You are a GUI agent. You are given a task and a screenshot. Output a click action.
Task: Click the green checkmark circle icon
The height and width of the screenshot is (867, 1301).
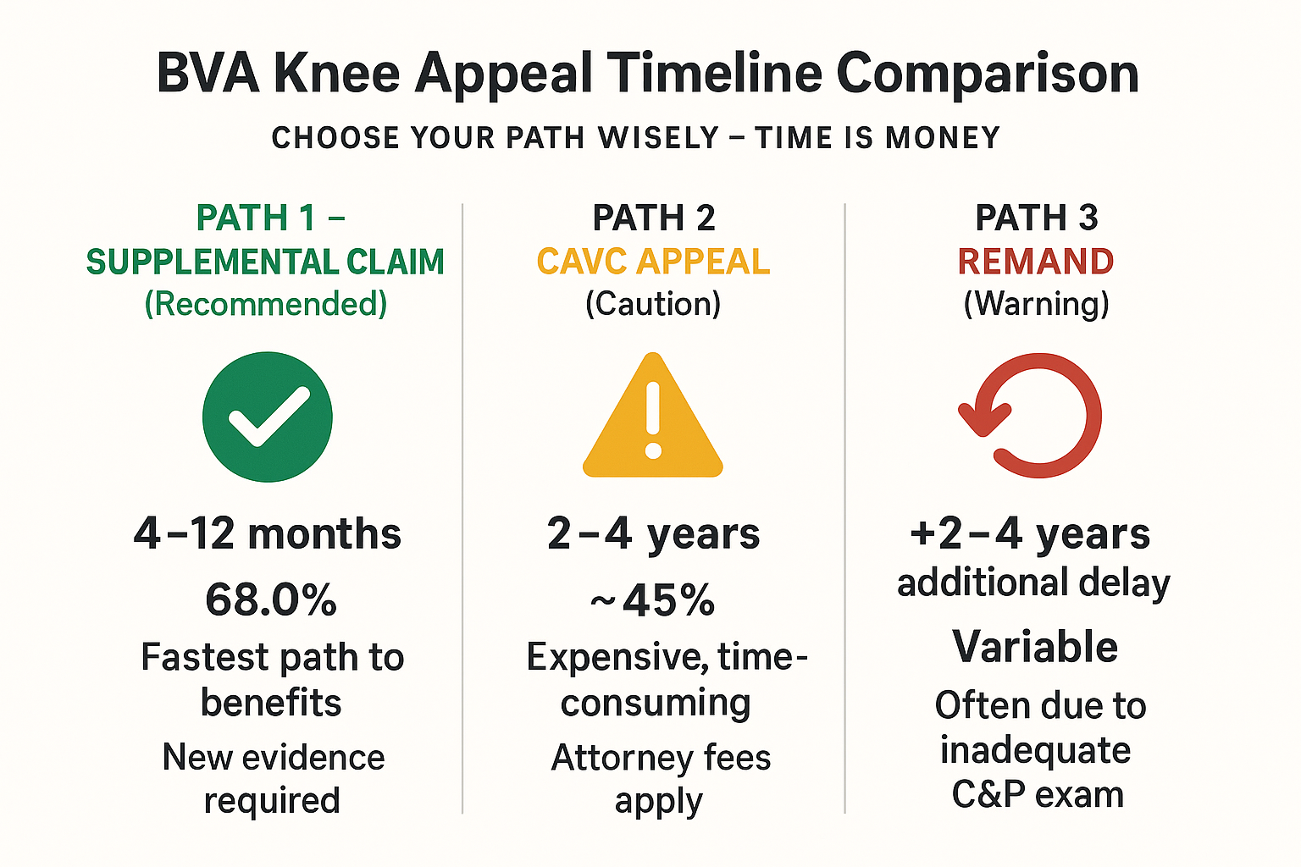pos(267,417)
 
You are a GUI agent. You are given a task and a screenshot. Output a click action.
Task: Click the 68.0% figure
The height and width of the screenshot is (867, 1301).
pos(271,600)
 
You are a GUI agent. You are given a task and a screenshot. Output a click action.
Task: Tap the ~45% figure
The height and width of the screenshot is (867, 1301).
pos(652,600)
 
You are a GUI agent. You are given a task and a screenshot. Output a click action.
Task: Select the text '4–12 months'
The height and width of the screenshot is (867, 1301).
pos(268,534)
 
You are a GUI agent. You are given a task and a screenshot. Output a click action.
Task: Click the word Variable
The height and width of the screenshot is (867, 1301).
pos(1035,647)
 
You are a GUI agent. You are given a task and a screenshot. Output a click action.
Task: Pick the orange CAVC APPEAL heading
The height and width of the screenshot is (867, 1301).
pos(653,262)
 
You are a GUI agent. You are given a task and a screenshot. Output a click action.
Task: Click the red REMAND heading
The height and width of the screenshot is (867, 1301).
pos(1035,262)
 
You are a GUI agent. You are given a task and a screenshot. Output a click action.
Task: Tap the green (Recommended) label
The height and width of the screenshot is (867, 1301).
pos(266,304)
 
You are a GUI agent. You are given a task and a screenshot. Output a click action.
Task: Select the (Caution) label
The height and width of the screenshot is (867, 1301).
pos(653,304)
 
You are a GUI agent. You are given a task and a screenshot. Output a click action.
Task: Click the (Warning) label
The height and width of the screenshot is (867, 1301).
pos(1036,304)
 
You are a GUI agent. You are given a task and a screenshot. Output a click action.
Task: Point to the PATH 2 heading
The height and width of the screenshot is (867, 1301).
pos(653,218)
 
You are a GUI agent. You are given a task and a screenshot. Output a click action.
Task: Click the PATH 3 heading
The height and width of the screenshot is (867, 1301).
pos(1036,218)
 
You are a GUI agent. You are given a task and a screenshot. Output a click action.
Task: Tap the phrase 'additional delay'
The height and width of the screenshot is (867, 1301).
pos(1033,583)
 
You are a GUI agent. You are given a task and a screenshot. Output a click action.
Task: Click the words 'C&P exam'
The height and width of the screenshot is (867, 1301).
pos(1038,794)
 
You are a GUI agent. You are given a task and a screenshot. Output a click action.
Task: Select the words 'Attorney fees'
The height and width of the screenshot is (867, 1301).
pos(661,758)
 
